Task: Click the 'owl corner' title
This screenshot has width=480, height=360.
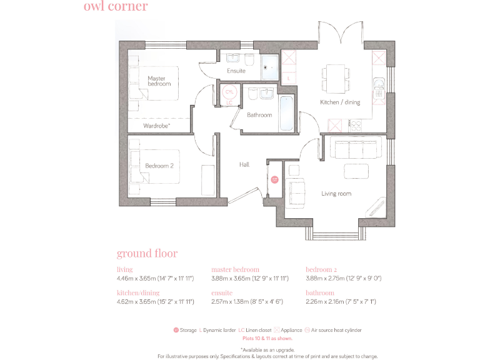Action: click(116, 7)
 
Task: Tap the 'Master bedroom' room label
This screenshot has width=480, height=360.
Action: click(159, 81)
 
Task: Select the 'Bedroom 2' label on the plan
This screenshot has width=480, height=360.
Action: click(159, 166)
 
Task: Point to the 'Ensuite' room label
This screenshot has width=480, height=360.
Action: click(236, 71)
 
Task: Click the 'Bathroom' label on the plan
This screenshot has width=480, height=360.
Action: click(259, 115)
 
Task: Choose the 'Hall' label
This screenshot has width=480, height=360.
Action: click(244, 164)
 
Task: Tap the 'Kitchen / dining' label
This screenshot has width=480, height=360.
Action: click(340, 102)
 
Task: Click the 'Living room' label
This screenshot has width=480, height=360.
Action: click(336, 194)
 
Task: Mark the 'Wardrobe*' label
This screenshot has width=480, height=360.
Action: click(157, 126)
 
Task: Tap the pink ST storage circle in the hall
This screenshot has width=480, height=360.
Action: click(274, 180)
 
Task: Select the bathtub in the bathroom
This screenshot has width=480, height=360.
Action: click(287, 113)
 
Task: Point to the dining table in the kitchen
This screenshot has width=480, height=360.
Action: click(335, 77)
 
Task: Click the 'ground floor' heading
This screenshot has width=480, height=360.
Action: click(147, 253)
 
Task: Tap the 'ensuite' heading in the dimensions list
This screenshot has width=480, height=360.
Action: click(222, 292)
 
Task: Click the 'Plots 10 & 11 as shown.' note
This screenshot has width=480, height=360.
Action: click(267, 338)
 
